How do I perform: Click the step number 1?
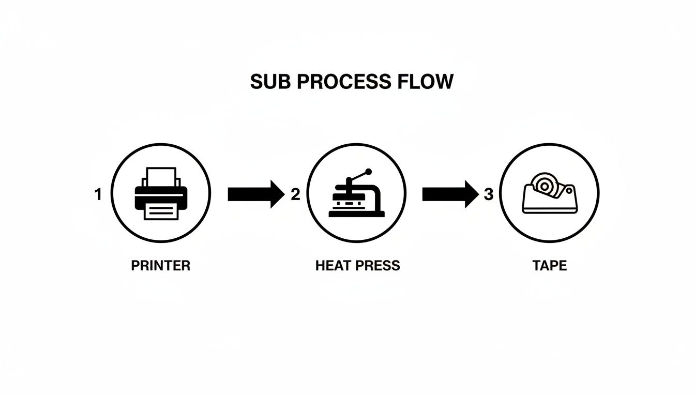click(98, 195)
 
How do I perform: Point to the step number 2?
click(295, 195)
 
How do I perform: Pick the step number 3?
click(489, 195)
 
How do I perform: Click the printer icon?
click(161, 193)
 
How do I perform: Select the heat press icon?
click(356, 193)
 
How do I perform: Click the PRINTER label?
click(161, 266)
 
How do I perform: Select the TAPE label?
click(550, 266)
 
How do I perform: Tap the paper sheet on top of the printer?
click(161, 177)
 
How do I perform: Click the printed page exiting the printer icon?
click(161, 210)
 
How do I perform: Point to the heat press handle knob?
click(369, 171)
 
